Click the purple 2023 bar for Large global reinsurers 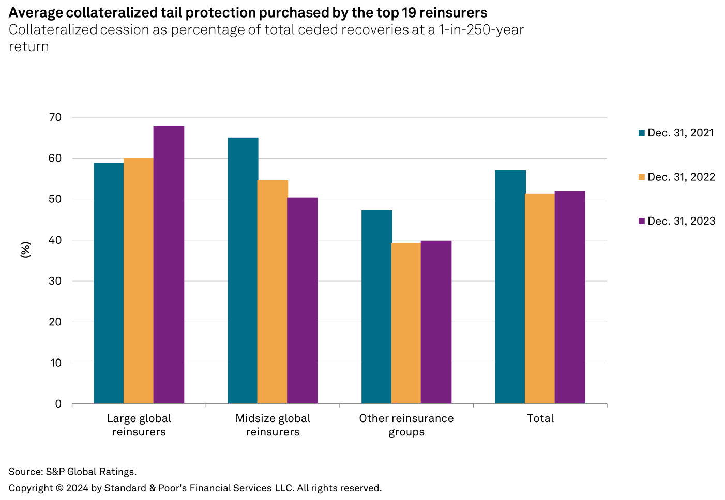click(x=169, y=264)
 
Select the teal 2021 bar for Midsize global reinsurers click(x=243, y=271)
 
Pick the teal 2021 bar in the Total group click(x=510, y=287)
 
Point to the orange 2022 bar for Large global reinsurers click(x=139, y=280)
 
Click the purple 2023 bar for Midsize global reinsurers click(x=303, y=301)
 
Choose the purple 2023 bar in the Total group click(x=570, y=297)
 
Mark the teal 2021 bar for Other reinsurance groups click(x=376, y=307)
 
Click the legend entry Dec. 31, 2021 click(x=680, y=133)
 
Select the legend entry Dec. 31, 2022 click(x=681, y=177)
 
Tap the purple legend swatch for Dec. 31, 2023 click(x=642, y=221)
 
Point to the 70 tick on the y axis click(x=55, y=117)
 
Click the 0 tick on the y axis click(x=58, y=404)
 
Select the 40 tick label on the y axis click(x=55, y=240)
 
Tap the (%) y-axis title click(x=25, y=250)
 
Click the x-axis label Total click(x=540, y=418)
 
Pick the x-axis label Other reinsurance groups click(x=406, y=425)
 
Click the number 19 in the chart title click(x=409, y=12)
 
